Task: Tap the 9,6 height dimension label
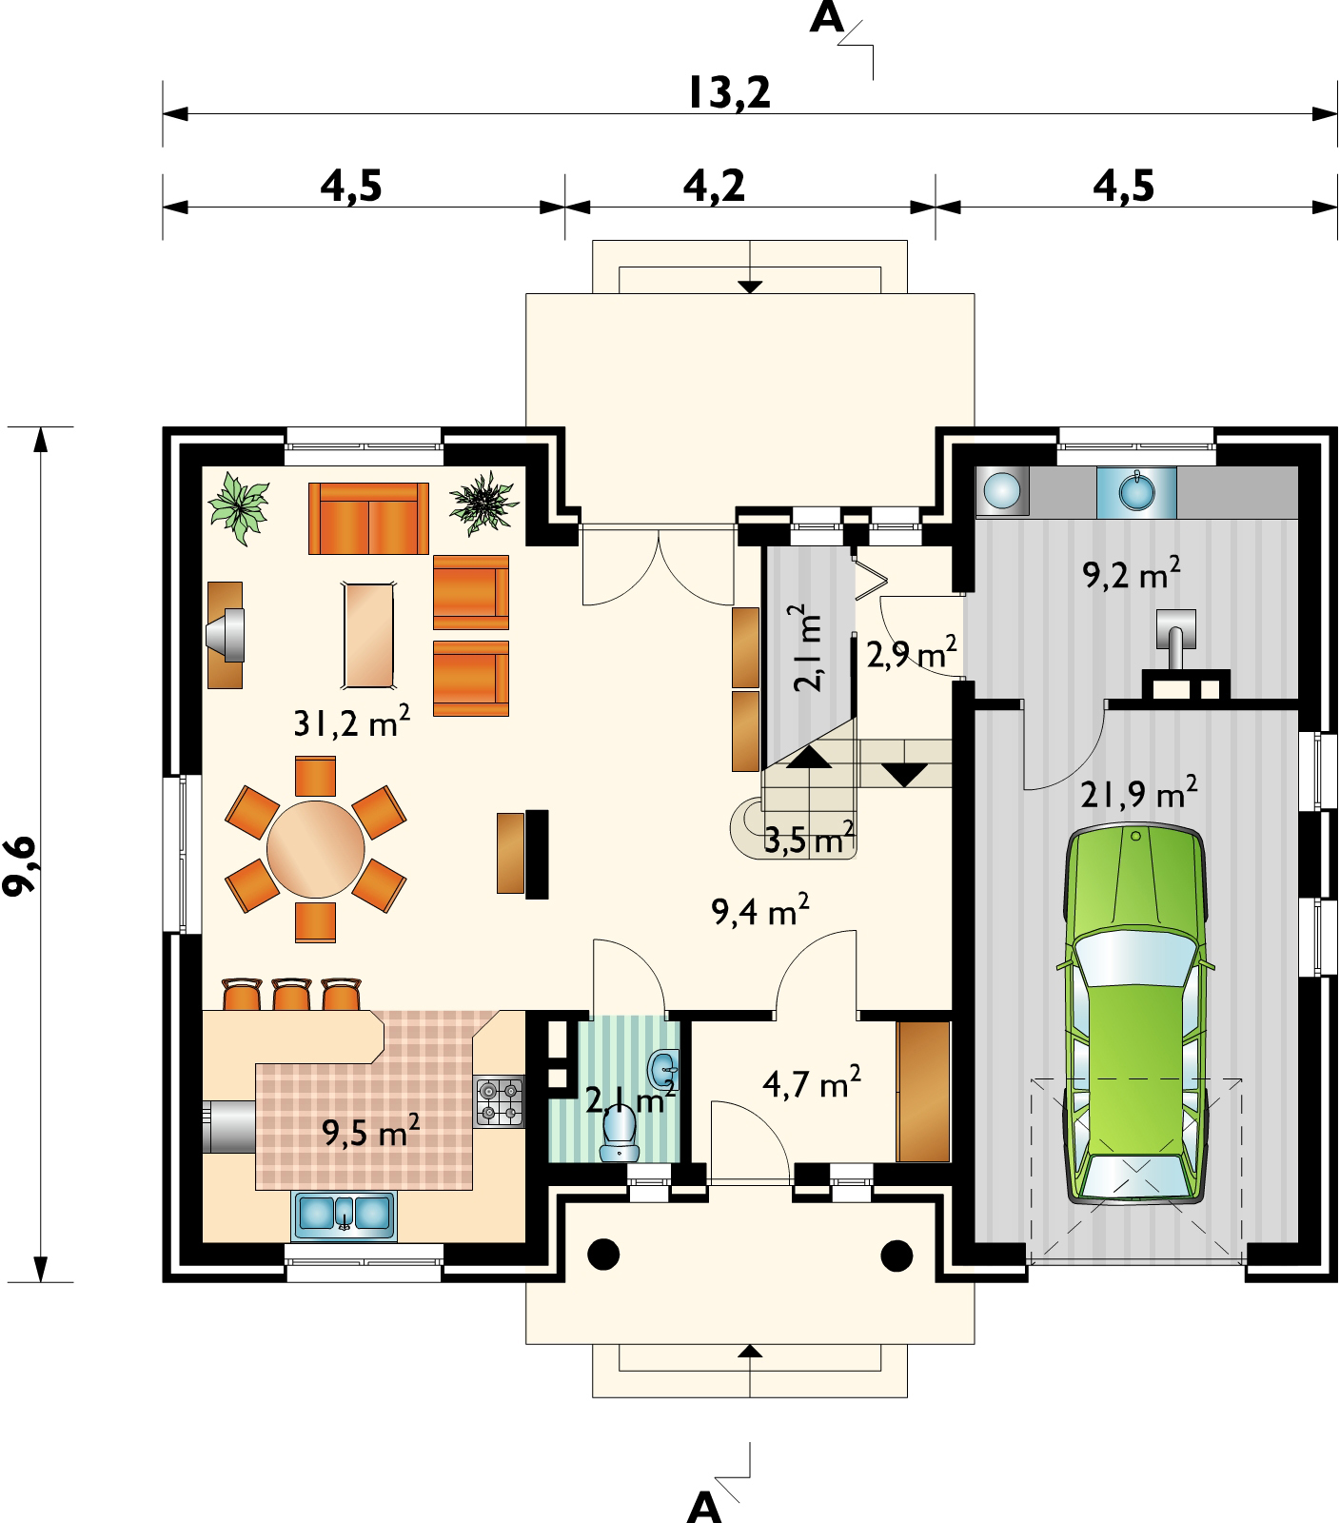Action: point(22,864)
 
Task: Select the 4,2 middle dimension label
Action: point(714,186)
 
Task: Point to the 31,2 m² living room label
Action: point(352,723)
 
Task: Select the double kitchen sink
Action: point(345,1216)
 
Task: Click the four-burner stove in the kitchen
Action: point(500,1100)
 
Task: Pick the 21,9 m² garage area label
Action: point(1139,792)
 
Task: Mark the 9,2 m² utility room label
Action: point(1133,574)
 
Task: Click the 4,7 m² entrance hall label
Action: point(812,1083)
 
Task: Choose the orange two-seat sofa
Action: point(368,518)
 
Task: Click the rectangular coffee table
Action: point(370,635)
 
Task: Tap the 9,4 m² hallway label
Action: point(760,912)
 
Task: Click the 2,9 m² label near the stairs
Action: point(911,654)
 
